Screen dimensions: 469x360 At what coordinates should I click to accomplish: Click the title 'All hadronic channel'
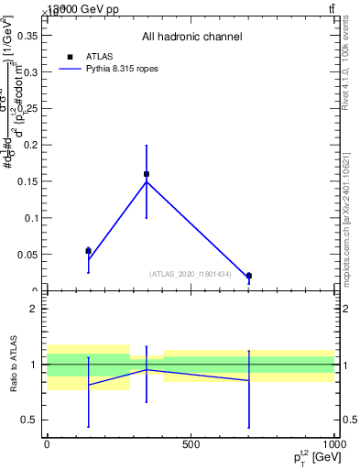191,38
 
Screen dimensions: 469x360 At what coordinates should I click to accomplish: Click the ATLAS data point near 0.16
147,174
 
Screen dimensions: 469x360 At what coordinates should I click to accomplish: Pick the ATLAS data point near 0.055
88,250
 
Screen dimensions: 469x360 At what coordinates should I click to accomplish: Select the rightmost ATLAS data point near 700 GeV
249,276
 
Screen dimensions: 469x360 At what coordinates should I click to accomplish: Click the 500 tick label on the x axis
191,445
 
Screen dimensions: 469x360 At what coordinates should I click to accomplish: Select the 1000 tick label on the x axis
333,445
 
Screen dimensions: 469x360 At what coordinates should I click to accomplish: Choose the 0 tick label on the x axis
47,445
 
